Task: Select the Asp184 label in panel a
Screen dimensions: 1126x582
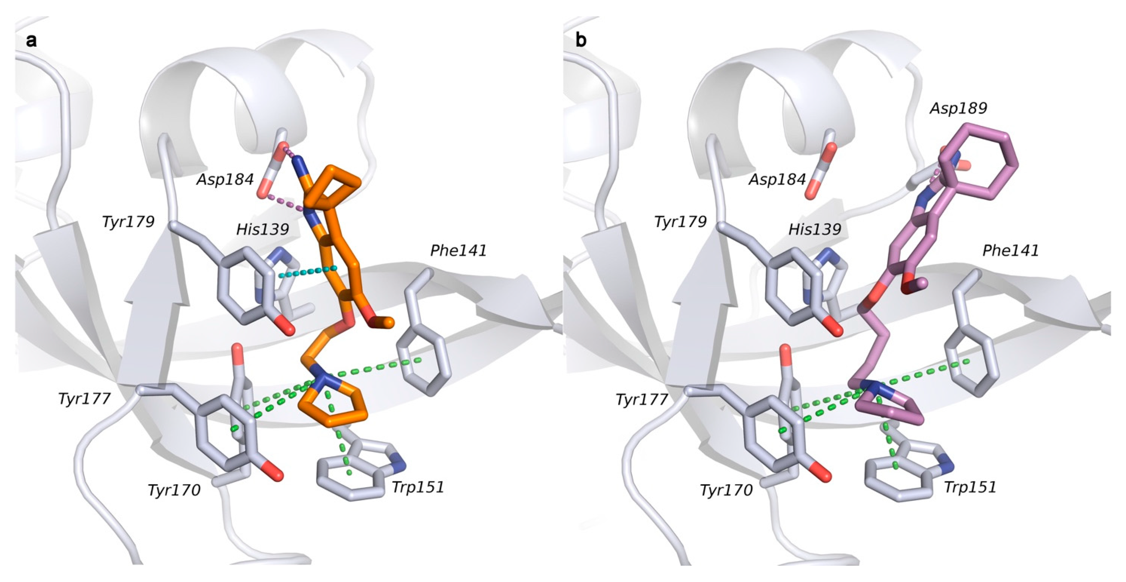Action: tap(225, 179)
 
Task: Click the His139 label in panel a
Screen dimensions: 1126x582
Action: tap(262, 229)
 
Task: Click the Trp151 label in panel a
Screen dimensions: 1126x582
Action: tap(418, 487)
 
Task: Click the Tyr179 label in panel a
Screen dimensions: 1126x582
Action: tap(128, 222)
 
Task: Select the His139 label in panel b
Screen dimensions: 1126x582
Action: tap(815, 229)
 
